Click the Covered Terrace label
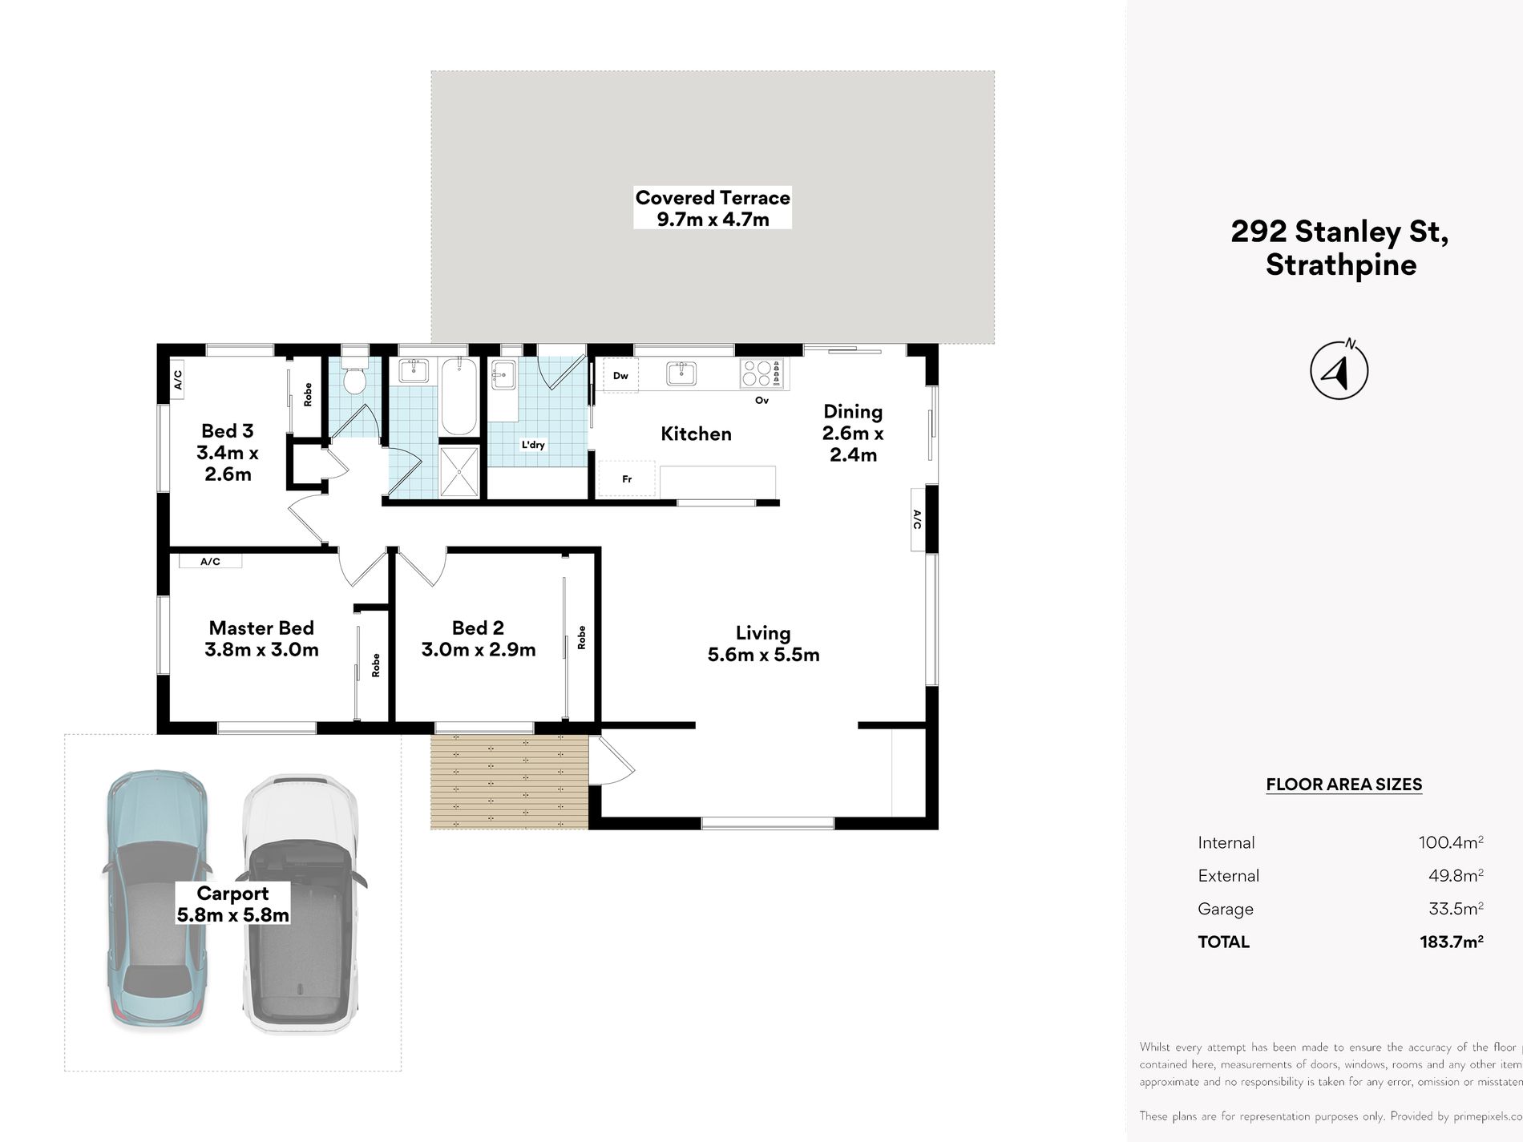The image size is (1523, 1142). [712, 198]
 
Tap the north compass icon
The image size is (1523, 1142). [1339, 370]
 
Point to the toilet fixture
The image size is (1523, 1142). [353, 373]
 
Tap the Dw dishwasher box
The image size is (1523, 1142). [620, 375]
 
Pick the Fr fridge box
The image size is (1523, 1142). [627, 478]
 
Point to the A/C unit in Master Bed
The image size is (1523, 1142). [210, 561]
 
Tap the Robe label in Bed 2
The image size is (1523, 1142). [581, 637]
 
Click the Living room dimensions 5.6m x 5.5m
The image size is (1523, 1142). [763, 655]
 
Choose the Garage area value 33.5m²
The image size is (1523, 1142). [1455, 909]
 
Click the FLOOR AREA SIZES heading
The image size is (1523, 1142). [1343, 785]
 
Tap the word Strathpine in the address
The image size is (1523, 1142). [1340, 265]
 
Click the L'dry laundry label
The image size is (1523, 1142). [533, 445]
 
